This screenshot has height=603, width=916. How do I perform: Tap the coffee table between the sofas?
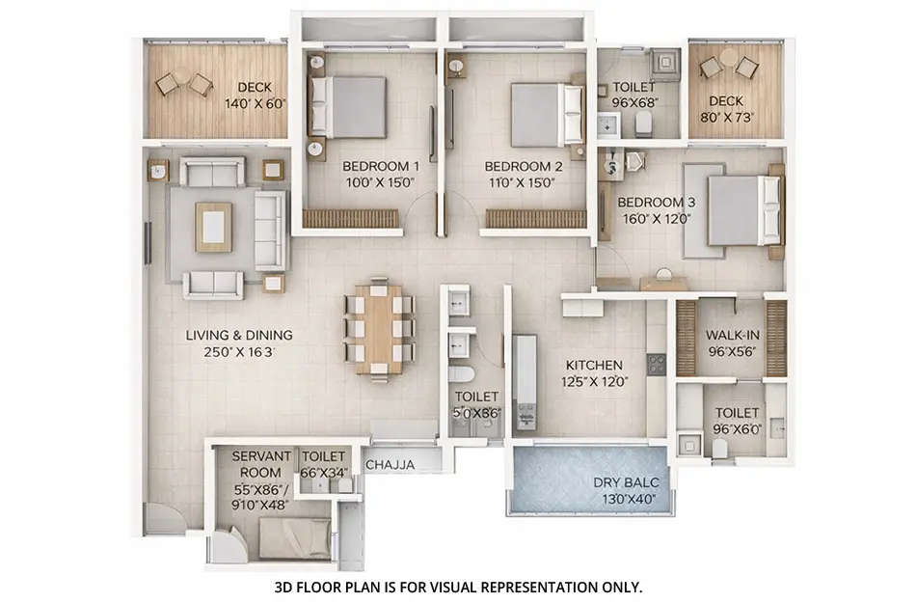pos(213,227)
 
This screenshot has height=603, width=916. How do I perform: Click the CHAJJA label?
pos(391,465)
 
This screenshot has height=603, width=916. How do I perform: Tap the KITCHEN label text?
pos(594,366)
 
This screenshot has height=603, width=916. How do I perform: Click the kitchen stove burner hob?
pos(657,364)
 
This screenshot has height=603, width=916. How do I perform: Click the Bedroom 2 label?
pos(522,165)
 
